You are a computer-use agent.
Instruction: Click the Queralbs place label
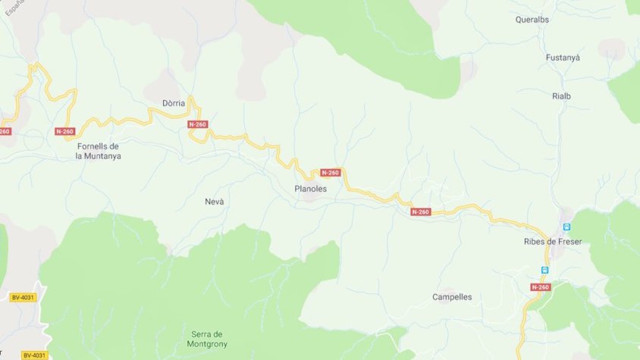click(532, 20)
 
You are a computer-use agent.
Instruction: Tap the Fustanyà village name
click(563, 58)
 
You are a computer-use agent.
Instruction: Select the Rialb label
click(561, 95)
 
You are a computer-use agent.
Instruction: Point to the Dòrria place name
click(174, 103)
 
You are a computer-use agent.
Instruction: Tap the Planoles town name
click(310, 189)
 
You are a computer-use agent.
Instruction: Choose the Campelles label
click(452, 297)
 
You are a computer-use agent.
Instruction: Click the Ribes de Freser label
click(552, 242)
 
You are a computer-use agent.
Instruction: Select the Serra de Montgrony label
click(206, 339)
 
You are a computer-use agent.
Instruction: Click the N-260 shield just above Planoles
click(330, 173)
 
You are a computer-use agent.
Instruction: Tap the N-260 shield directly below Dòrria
click(197, 124)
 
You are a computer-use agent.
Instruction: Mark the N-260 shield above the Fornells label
click(65, 131)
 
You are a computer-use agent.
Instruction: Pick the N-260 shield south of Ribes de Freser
click(540, 287)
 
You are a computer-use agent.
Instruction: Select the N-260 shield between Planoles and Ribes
click(421, 211)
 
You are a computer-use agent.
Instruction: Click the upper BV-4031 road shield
click(24, 297)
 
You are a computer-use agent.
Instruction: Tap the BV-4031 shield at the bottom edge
click(34, 355)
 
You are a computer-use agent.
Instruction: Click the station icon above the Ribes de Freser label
click(566, 227)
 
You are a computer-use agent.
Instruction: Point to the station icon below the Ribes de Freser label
click(544, 269)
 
